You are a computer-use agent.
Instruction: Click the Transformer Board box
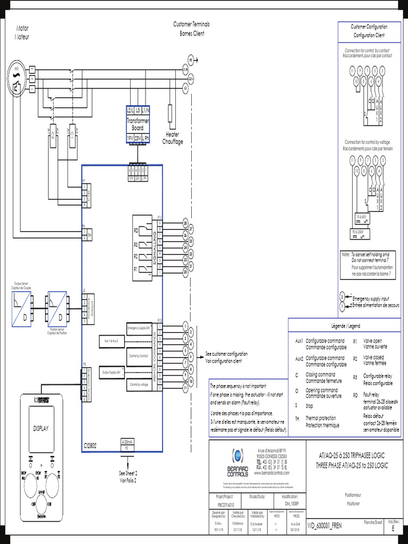click(138, 124)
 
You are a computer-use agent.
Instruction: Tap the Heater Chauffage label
click(172, 138)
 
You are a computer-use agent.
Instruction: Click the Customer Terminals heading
click(191, 29)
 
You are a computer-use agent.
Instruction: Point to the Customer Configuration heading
click(369, 31)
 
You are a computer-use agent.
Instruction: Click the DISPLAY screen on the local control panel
click(41, 428)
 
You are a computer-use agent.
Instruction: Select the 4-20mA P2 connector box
click(127, 445)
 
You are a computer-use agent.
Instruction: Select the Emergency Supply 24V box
click(139, 328)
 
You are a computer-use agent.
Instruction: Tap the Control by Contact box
click(139, 355)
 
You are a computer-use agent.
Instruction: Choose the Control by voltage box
click(139, 384)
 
